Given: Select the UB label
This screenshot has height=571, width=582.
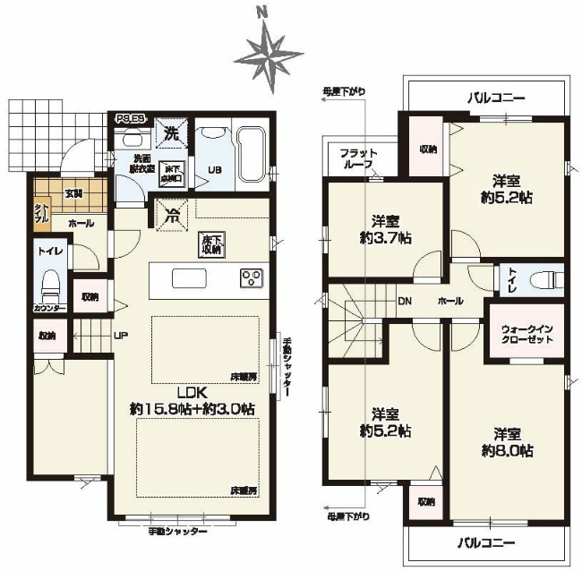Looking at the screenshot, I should (x=216, y=169).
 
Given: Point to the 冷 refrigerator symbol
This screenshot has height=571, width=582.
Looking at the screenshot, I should (x=169, y=214).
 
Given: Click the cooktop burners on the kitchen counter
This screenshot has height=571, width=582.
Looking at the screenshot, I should (x=251, y=277).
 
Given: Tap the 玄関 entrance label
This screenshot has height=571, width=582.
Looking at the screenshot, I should (x=73, y=192).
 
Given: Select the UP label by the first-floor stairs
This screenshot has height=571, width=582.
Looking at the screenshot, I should (x=119, y=337).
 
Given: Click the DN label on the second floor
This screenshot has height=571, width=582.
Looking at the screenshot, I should (x=405, y=302).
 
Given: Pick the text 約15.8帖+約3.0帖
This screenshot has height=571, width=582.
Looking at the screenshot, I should (x=192, y=408).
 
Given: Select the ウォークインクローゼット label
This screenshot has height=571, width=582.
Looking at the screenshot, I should (x=526, y=332).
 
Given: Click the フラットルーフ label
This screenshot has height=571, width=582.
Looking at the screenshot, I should (x=358, y=159).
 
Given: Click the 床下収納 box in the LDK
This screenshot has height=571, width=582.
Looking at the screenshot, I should (x=212, y=243).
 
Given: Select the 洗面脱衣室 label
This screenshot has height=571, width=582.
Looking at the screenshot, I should (x=139, y=164).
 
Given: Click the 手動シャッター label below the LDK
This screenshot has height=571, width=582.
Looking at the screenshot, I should (x=178, y=532).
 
